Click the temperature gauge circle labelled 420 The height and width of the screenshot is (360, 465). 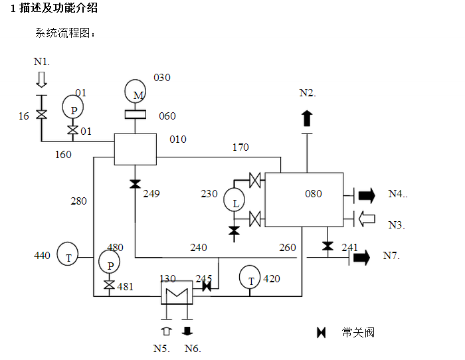click(250, 278)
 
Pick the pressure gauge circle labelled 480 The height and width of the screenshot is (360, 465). click(110, 263)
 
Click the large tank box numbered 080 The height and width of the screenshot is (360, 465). click(304, 199)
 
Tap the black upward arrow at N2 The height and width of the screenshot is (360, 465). click(306, 119)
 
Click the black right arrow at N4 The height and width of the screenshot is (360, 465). click(366, 195)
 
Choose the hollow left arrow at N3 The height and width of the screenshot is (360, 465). click(366, 217)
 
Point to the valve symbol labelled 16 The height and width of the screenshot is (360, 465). click(41, 114)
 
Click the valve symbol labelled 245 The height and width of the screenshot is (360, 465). click(207, 287)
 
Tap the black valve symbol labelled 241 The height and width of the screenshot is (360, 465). click(327, 246)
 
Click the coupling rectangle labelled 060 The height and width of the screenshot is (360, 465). click(139, 115)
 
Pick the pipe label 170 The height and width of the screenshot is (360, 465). click(240, 147)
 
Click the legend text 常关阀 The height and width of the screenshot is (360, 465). click(358, 332)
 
